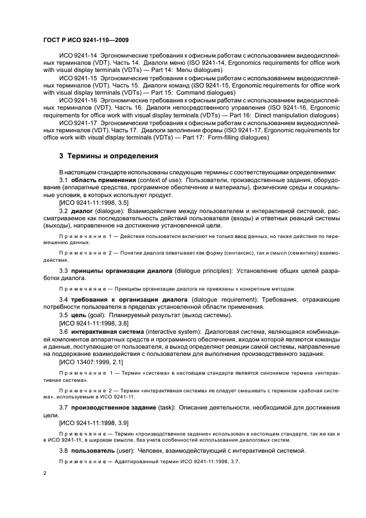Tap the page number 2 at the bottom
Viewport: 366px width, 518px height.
(44, 474)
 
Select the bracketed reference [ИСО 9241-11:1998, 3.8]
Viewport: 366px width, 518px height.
(94, 323)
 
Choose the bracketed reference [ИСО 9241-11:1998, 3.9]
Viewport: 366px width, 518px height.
(94, 422)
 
